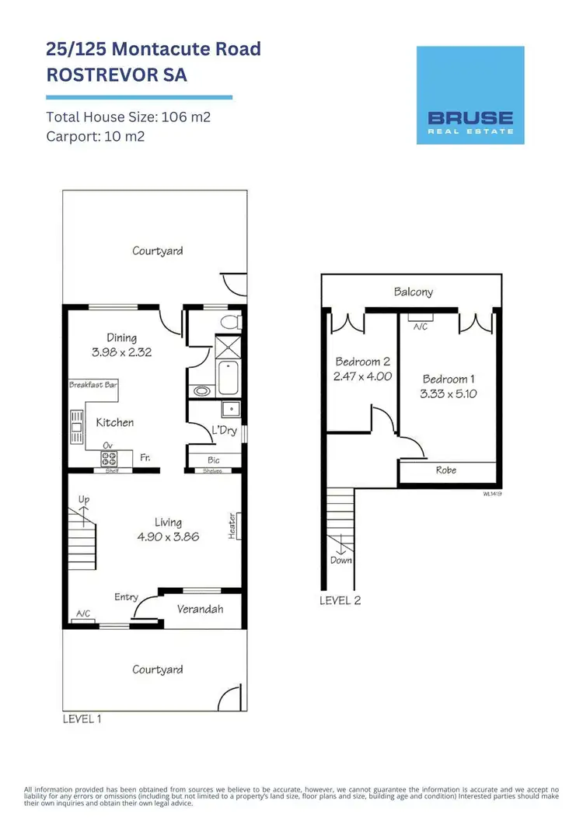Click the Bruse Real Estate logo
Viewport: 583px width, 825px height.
pyautogui.click(x=470, y=95)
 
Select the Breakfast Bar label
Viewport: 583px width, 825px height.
pyautogui.click(x=93, y=385)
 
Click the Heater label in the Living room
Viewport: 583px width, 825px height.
pyautogui.click(x=232, y=526)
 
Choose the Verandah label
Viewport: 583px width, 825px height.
pyautogui.click(x=200, y=609)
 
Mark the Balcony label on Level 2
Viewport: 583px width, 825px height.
pyautogui.click(x=413, y=292)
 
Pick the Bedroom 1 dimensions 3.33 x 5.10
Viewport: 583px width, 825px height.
pyautogui.click(x=449, y=393)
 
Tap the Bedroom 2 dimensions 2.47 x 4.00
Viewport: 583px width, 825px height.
pyautogui.click(x=363, y=376)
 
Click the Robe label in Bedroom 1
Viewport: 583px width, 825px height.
pyautogui.click(x=446, y=470)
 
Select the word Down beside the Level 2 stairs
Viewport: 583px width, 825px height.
pyautogui.click(x=340, y=560)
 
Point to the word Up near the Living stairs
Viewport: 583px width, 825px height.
pyautogui.click(x=84, y=498)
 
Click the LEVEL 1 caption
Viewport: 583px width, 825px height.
pyautogui.click(x=82, y=719)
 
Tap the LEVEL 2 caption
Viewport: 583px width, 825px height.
pyautogui.click(x=340, y=600)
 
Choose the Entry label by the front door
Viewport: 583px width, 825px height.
pyautogui.click(x=126, y=597)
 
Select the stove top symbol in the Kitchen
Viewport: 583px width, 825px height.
pyautogui.click(x=107, y=459)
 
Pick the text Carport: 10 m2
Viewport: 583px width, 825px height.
pyautogui.click(x=96, y=136)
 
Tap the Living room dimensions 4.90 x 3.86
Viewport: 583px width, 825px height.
pyautogui.click(x=168, y=537)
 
